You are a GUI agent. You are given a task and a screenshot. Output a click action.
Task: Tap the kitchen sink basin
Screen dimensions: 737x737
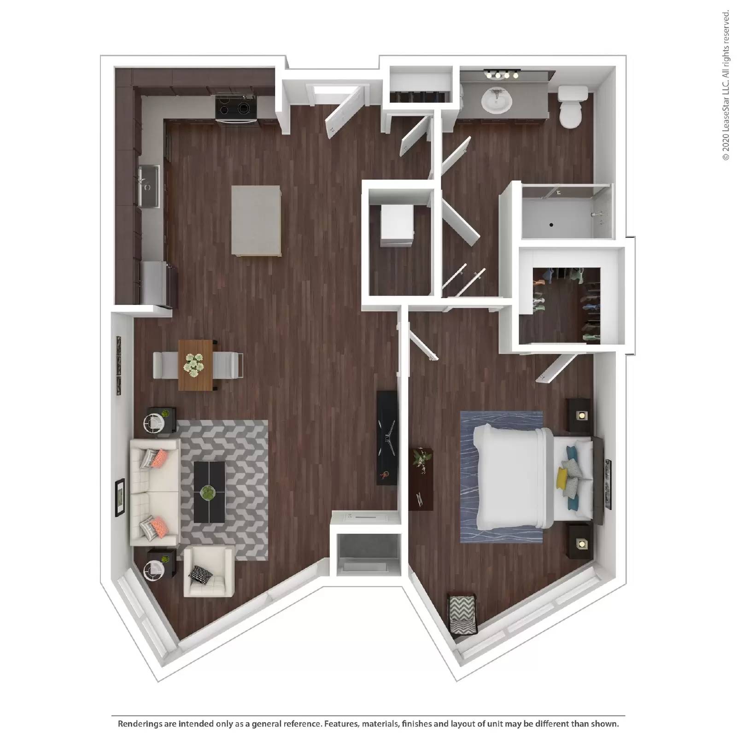click(148, 186)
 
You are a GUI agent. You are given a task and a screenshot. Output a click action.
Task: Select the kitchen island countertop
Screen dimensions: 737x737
click(256, 220)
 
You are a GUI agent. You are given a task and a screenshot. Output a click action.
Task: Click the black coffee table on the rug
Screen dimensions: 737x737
click(210, 491)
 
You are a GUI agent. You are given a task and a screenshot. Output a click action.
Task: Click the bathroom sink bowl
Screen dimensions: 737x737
click(496, 100)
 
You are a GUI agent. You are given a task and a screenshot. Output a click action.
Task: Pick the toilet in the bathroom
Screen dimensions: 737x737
click(571, 108)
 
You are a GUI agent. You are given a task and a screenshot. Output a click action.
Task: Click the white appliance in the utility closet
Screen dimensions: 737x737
click(397, 226)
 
